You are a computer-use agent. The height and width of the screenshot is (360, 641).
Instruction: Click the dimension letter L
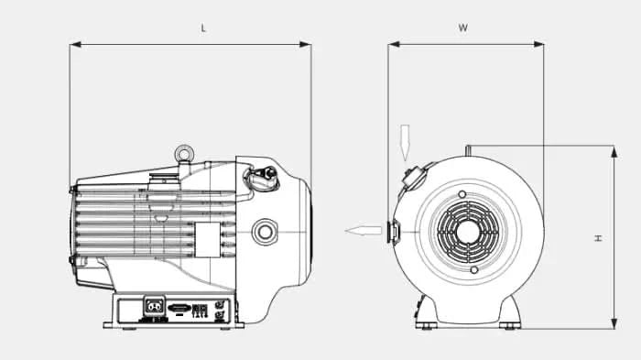pyautogui.click(x=203, y=28)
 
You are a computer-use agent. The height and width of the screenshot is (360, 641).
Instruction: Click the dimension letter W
pyautogui.click(x=463, y=28)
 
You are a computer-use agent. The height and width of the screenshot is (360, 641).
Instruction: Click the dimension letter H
pyautogui.click(x=597, y=237)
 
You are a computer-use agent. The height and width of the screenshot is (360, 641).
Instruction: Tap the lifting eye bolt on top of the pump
pyautogui.click(x=187, y=147)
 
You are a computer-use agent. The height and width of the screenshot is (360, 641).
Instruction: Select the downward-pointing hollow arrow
pyautogui.click(x=406, y=142)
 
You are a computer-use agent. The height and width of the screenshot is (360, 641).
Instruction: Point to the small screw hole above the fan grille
pyautogui.click(x=463, y=193)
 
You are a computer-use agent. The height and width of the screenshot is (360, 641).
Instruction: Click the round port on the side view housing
pyautogui.click(x=265, y=230)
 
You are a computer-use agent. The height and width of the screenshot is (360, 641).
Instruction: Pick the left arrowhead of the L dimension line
pyautogui.click(x=73, y=43)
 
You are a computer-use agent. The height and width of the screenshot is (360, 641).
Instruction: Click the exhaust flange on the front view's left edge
pyautogui.click(x=391, y=231)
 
